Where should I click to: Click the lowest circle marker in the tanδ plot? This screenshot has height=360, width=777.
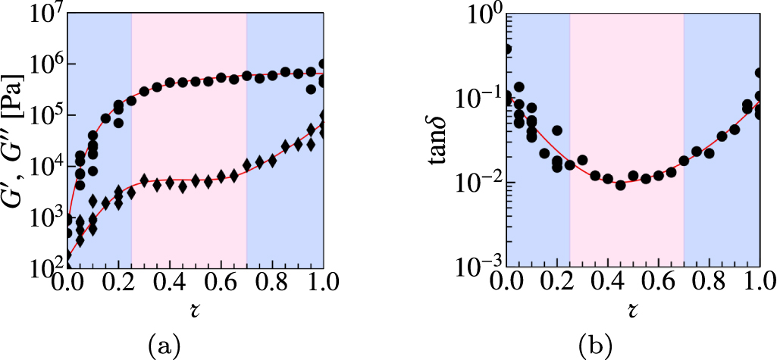(x=620, y=185)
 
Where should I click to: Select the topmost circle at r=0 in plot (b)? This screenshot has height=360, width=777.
(x=507, y=49)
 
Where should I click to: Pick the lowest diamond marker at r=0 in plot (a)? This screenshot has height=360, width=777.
(x=68, y=258)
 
